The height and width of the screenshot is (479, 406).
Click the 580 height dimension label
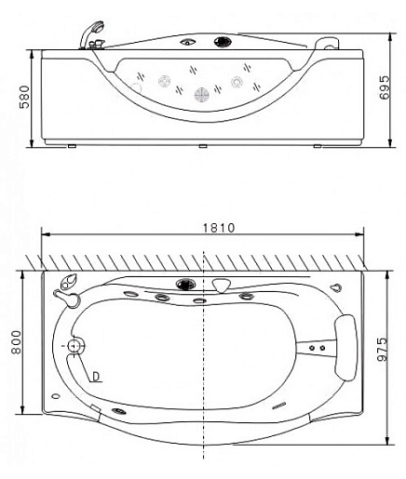(x=24, y=97)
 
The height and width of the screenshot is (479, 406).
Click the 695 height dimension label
(x=385, y=87)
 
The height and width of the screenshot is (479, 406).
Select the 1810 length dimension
(x=219, y=228)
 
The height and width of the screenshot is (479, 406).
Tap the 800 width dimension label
(x=16, y=342)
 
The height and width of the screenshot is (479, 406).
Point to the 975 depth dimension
(x=383, y=349)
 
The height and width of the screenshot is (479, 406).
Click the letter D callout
(x=96, y=377)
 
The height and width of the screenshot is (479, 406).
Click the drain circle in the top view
(x=74, y=345)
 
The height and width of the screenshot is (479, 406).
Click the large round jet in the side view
(x=202, y=94)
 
